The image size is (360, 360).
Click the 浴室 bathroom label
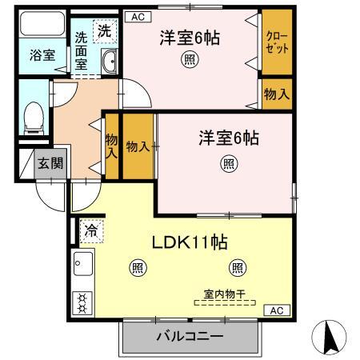click(42, 56)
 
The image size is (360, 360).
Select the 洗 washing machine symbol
click(105, 31)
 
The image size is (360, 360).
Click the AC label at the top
click(135, 16)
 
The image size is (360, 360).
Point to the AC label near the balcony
click(275, 310)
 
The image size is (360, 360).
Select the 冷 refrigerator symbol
click(91, 232)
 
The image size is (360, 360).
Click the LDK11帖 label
click(190, 242)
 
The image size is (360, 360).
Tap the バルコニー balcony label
click(189, 337)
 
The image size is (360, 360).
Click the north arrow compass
click(329, 337)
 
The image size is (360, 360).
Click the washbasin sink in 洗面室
click(110, 61)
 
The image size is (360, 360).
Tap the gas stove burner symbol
click(82, 302)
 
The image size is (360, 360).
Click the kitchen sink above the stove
click(82, 262)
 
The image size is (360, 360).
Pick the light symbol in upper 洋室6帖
click(189, 60)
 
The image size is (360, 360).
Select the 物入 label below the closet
click(276, 94)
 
